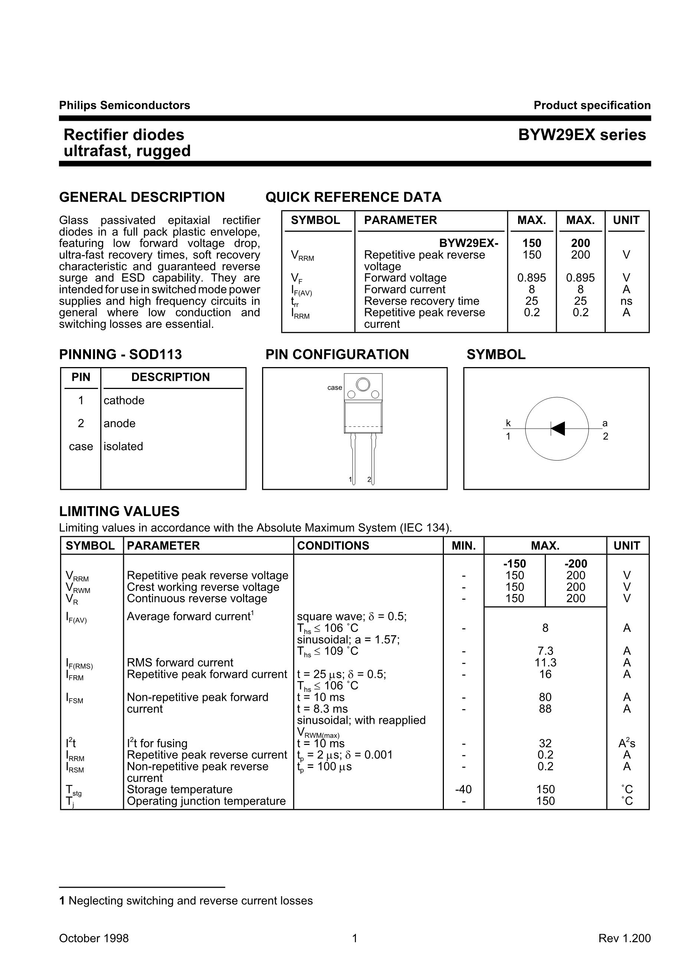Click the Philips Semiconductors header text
tap(124, 105)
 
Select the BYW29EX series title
tap(582, 135)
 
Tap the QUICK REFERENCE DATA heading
tap(353, 197)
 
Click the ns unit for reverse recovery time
tap(626, 301)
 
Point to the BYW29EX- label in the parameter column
tap(469, 243)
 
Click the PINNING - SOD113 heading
tap(121, 354)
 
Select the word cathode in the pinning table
tap(124, 400)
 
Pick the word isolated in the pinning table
tap(123, 446)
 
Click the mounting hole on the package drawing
tap(363, 385)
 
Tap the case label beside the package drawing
tap(335, 387)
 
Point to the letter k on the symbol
tap(508, 423)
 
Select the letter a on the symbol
tap(605, 423)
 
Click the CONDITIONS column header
tap(333, 546)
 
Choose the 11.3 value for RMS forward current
tap(545, 663)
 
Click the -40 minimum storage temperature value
tap(463, 789)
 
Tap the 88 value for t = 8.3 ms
tap(545, 709)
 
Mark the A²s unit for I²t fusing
tap(627, 743)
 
